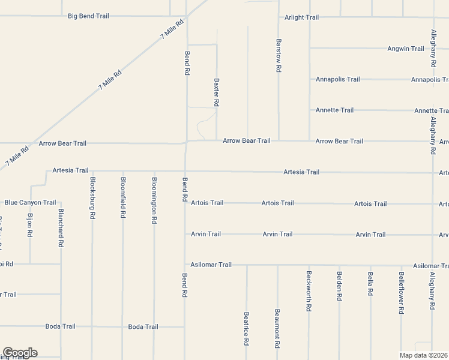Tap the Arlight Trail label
tap(301, 17)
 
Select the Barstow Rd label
tap(279, 56)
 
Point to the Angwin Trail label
tap(406, 49)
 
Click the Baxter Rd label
tap(217, 92)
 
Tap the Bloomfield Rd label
tap(123, 197)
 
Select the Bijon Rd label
tap(30, 225)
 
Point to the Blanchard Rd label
tap(61, 228)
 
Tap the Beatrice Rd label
tap(247, 328)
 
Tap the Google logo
tap(20, 353)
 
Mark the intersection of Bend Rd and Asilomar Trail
tap(185, 264)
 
